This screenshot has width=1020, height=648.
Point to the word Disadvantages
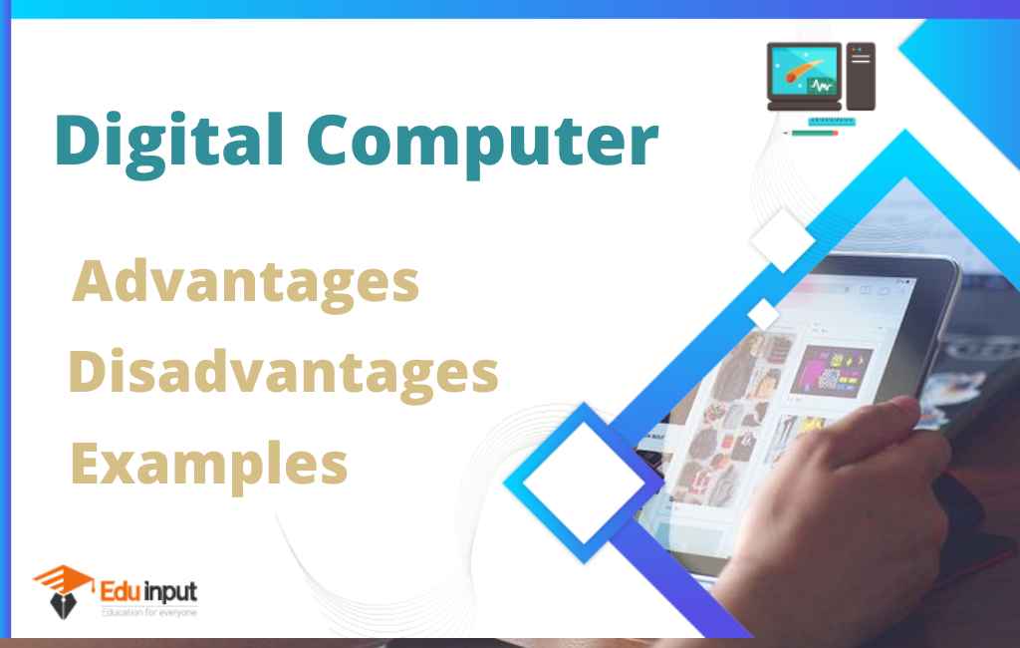point(283,373)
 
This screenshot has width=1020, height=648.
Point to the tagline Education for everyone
point(149,611)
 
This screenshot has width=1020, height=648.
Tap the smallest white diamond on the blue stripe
point(763,313)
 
